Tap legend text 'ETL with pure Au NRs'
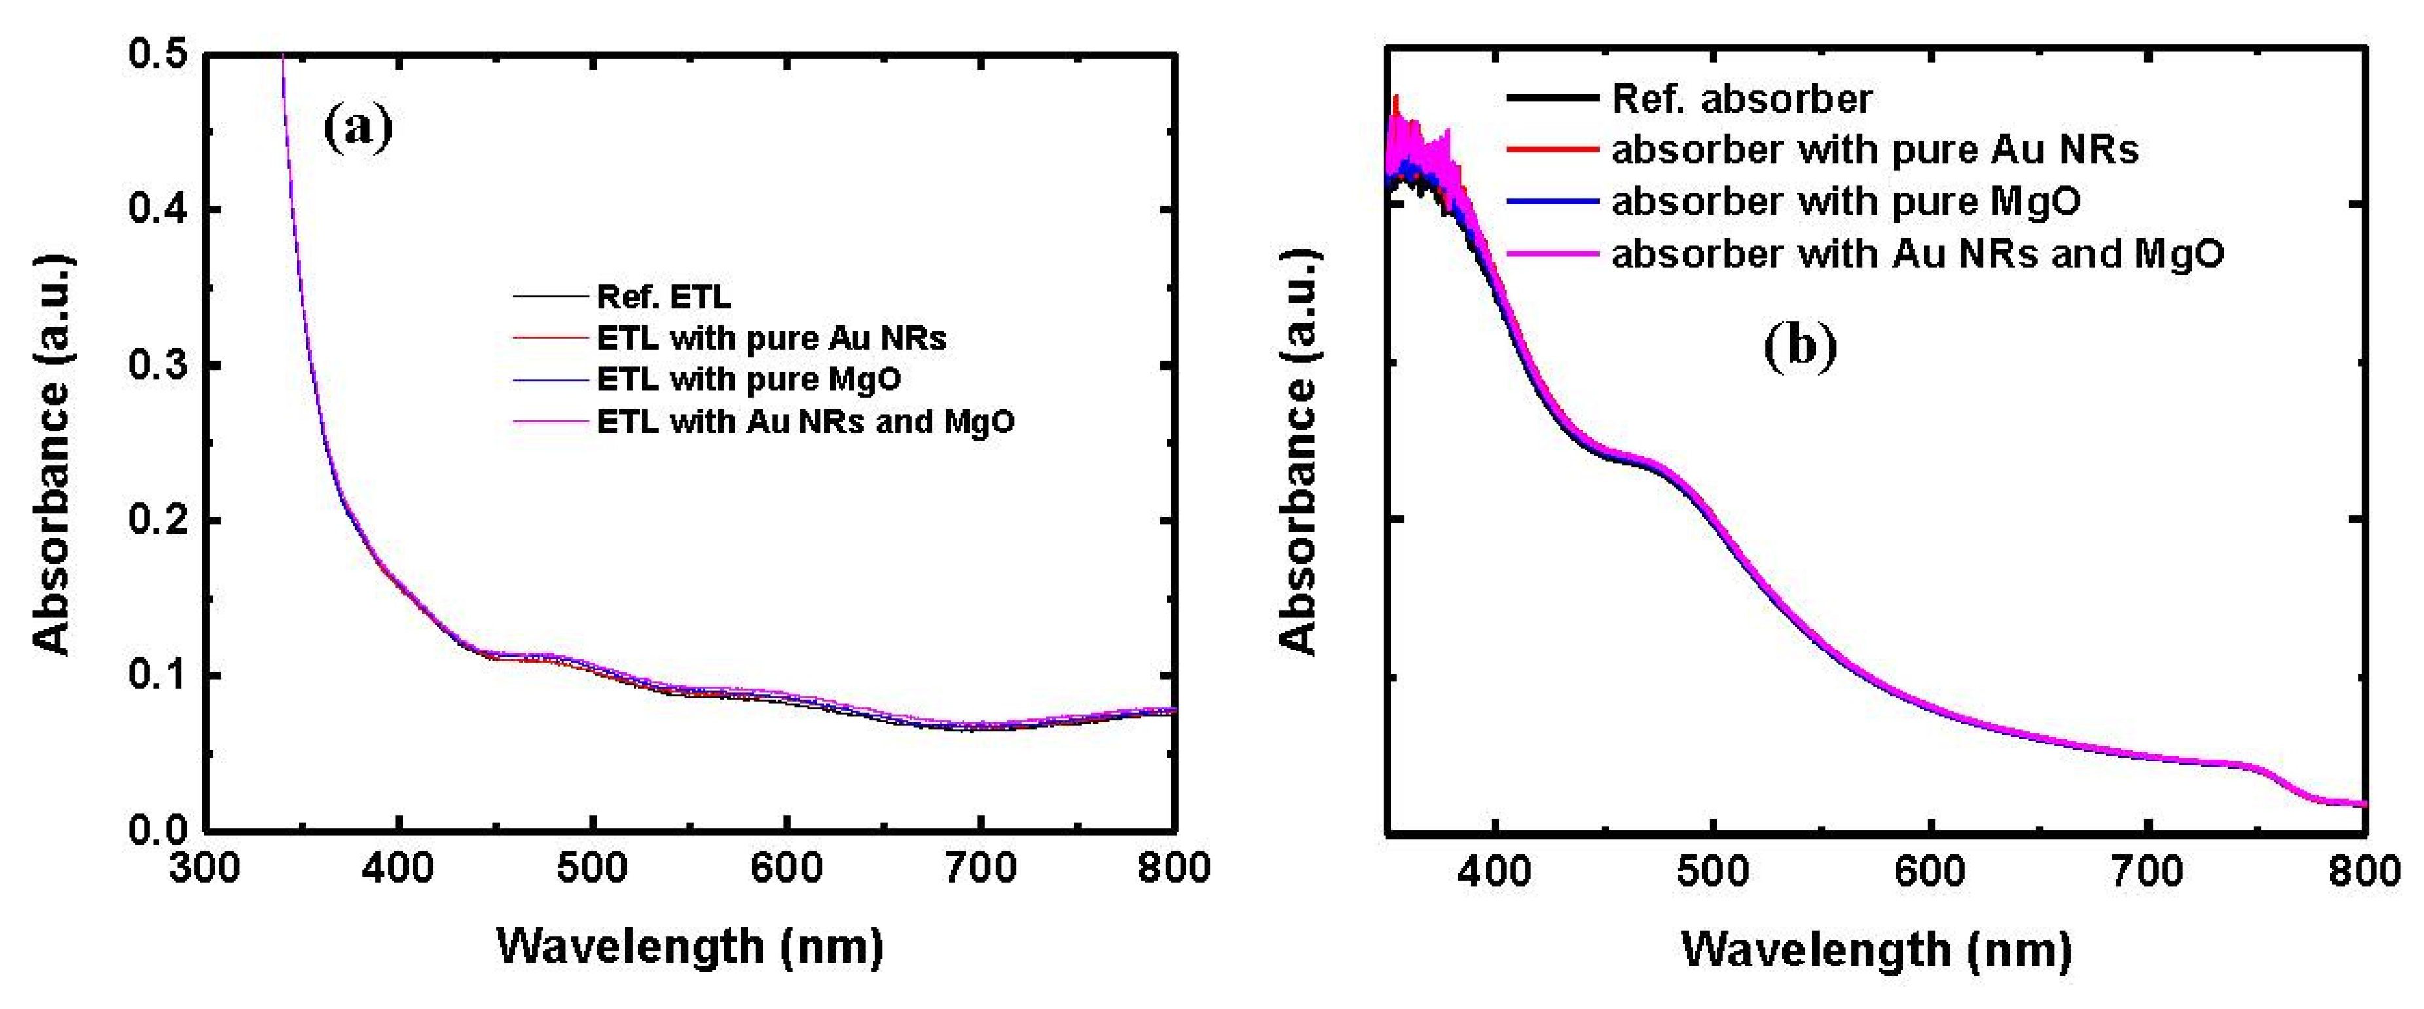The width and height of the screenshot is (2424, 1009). click(771, 338)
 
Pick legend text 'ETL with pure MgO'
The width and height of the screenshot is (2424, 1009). click(749, 379)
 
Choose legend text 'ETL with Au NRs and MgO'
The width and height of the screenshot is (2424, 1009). click(805, 422)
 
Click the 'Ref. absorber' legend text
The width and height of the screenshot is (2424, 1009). click(1742, 99)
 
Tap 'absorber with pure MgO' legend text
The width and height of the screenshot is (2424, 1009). click(1846, 202)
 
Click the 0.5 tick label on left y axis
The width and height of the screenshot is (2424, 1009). click(157, 54)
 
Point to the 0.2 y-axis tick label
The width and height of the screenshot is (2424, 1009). click(157, 520)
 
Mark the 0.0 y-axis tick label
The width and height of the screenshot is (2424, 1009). click(157, 830)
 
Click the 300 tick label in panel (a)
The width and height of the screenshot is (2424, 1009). click(205, 868)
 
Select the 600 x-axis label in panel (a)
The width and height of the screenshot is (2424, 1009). click(786, 868)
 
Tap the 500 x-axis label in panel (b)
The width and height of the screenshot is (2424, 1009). click(1713, 871)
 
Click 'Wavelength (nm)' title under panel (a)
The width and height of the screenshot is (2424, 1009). click(689, 946)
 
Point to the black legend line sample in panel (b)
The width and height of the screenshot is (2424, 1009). click(1552, 99)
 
